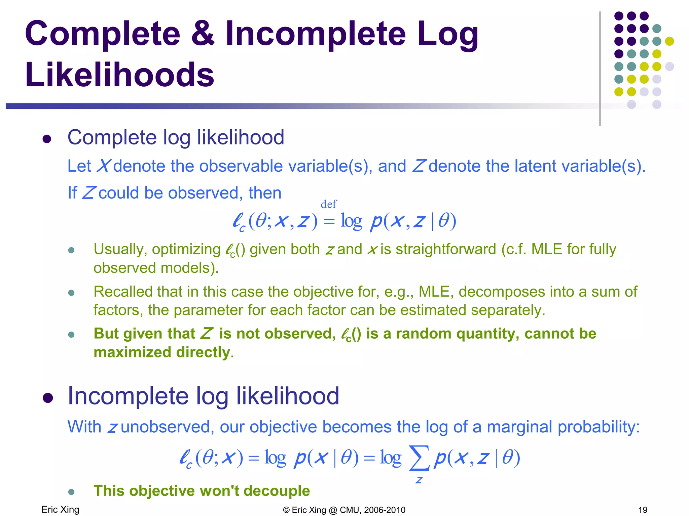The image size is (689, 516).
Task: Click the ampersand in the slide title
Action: [x=203, y=34]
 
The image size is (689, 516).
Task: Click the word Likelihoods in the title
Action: [x=119, y=74]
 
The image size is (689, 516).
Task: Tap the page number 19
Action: [x=643, y=510]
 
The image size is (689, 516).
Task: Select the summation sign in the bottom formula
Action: [x=419, y=458]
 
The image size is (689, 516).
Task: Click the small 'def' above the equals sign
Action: [x=328, y=204]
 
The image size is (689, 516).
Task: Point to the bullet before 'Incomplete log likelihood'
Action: [x=48, y=398]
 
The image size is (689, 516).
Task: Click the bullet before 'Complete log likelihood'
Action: [x=47, y=139]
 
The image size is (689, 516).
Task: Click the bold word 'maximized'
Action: [x=133, y=352]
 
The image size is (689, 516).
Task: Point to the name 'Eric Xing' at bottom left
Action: [x=60, y=510]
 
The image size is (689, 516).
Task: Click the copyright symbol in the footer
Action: [x=286, y=510]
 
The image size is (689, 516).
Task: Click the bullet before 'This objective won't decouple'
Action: [x=71, y=492]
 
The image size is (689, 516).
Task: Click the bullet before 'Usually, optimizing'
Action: [x=71, y=250]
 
